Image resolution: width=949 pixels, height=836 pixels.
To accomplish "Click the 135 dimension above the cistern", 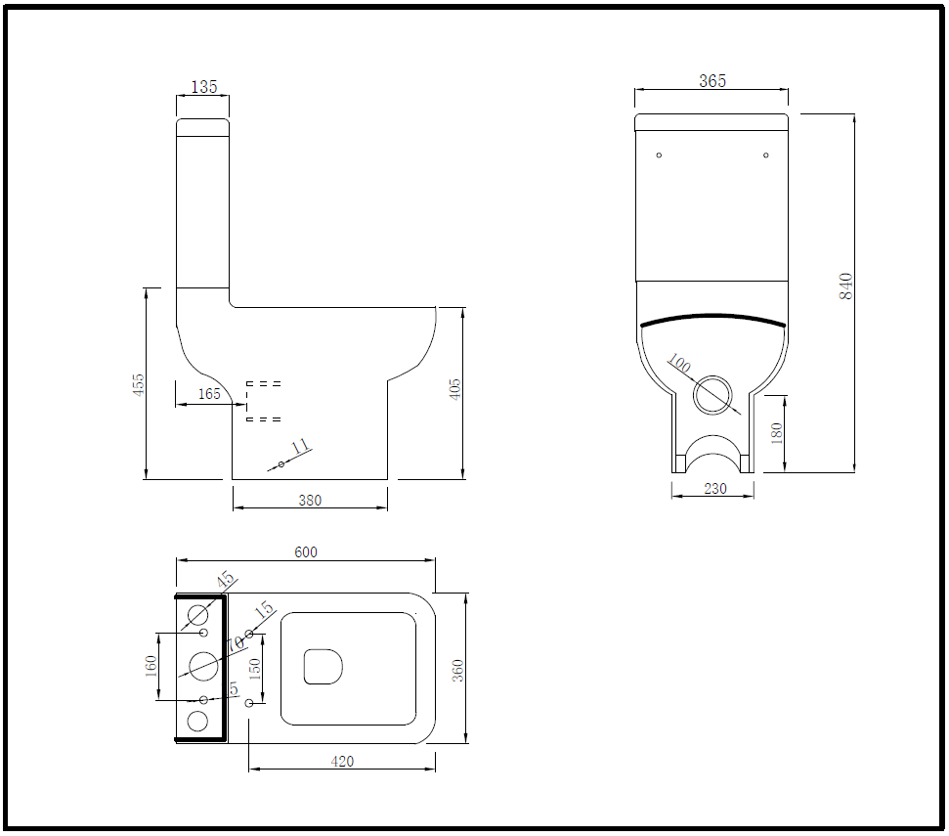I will point(203,87).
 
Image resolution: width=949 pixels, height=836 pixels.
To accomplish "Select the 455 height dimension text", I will point(139,383).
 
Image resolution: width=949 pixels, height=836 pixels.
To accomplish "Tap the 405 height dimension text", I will point(454,389).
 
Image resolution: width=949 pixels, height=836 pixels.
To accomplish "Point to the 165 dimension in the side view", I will point(209,394).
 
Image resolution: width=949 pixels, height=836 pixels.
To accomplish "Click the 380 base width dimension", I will point(309,501).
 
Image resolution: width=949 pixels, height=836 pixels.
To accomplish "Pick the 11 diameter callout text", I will point(301,447).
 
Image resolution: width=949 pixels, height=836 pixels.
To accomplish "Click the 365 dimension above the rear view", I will point(712,81).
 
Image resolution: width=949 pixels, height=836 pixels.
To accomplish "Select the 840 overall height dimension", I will point(846,286).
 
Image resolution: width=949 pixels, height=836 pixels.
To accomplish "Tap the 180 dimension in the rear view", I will point(778,433).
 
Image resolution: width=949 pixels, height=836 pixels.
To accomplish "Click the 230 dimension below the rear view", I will point(715,489).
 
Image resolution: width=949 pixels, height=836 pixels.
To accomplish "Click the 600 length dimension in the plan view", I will point(306,552).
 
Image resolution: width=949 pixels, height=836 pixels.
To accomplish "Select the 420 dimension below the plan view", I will point(342,761).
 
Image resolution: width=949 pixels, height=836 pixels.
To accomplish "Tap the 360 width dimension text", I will point(457,670).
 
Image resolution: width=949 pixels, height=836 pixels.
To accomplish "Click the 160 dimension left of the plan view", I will point(151,666).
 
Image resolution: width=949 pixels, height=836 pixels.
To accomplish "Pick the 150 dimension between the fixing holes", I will point(255,669).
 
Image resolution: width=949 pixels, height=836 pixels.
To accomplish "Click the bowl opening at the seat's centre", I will point(324,666).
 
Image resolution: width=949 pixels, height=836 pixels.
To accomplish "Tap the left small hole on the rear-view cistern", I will point(659,155).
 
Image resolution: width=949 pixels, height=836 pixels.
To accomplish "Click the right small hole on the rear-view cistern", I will point(766,155).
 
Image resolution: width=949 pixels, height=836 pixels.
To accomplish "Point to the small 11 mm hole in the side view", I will point(280,463).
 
